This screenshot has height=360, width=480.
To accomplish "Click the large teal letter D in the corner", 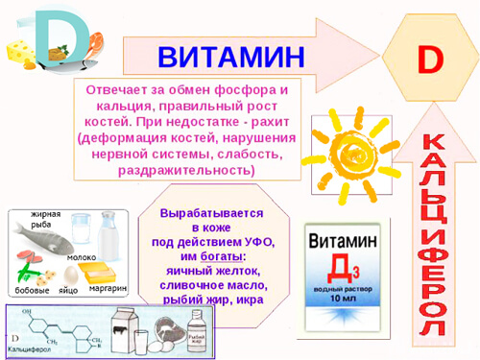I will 48,36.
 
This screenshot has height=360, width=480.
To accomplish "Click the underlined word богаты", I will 222,256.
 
